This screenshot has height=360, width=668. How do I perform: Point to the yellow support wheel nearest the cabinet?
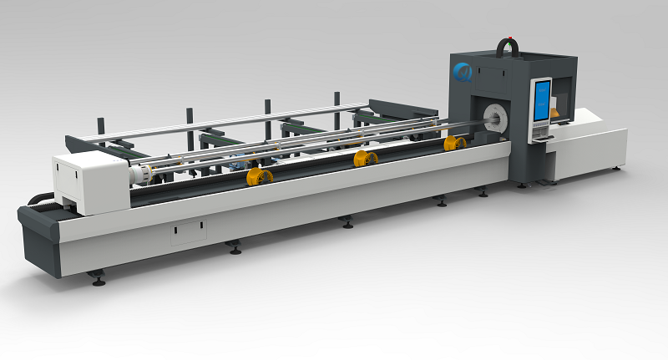point(454,144)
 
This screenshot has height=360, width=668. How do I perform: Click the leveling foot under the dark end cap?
point(99,281)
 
